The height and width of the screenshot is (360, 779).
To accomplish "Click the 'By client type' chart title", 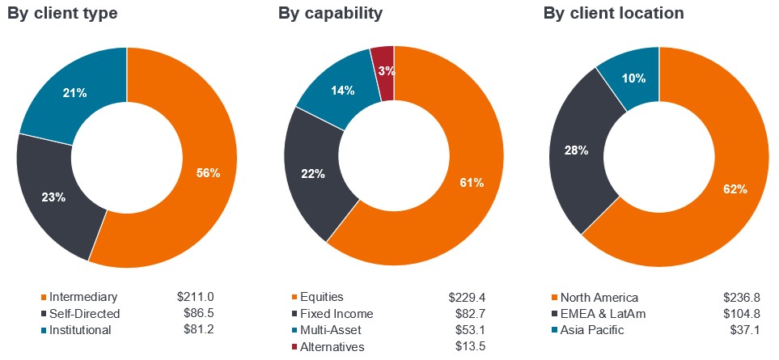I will coord(62,14).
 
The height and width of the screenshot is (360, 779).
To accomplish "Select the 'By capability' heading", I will coord(330,14).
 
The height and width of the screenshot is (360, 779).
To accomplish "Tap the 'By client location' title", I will coord(613,14).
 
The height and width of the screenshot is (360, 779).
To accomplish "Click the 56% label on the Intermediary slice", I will coord(208,172).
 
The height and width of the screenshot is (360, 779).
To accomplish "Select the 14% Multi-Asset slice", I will coord(342,91).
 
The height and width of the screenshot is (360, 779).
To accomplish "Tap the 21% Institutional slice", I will coord(75,93).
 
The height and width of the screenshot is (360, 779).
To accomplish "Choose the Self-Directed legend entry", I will coord(84,313).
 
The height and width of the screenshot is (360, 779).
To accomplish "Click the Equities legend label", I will coord(321,297).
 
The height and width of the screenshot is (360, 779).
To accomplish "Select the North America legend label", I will coord(599,297).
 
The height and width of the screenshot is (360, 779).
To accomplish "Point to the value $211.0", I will coord(195,297).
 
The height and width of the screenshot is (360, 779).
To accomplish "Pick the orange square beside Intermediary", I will coord(43,297).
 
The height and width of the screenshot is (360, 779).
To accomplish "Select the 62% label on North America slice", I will coord(735,189).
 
